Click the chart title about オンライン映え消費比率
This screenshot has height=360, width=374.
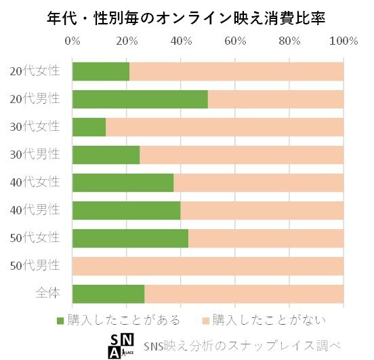pyautogui.click(x=187, y=18)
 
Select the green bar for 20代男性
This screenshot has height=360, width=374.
pyautogui.click(x=140, y=99)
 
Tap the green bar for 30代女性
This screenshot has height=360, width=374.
pyautogui.click(x=89, y=127)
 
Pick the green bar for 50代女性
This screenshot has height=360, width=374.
pyautogui.click(x=130, y=238)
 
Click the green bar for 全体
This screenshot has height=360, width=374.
pyautogui.click(x=108, y=294)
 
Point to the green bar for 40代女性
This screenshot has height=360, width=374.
pyautogui.click(x=123, y=182)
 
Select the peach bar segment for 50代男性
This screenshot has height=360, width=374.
pyautogui.click(x=207, y=266)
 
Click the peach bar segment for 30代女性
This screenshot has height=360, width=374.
pyautogui.click(x=224, y=127)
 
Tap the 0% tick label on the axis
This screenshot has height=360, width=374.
pyautogui.click(x=72, y=41)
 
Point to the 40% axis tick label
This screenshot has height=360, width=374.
pyautogui.click(x=181, y=41)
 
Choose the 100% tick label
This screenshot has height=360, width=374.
pyautogui.click(x=343, y=41)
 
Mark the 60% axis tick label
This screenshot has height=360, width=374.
pyautogui.click(x=235, y=41)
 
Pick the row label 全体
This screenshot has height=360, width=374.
pyautogui.click(x=48, y=294)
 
